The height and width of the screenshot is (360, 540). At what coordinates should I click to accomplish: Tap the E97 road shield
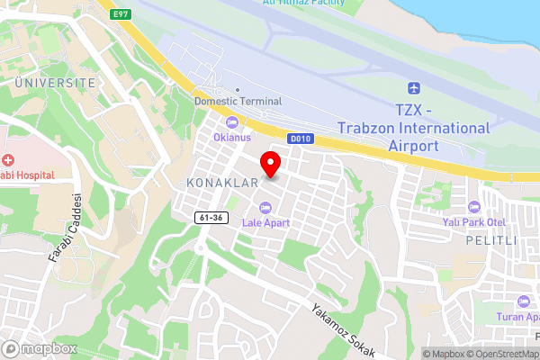click(121, 15)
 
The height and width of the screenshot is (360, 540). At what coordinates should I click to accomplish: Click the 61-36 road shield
click(210, 218)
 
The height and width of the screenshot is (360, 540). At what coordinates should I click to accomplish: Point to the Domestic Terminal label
click(238, 102)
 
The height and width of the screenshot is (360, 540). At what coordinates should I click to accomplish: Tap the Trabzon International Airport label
click(414, 128)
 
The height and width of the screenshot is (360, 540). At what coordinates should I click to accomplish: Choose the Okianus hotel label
click(232, 138)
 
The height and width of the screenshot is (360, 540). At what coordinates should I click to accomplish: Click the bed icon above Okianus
click(232, 122)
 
